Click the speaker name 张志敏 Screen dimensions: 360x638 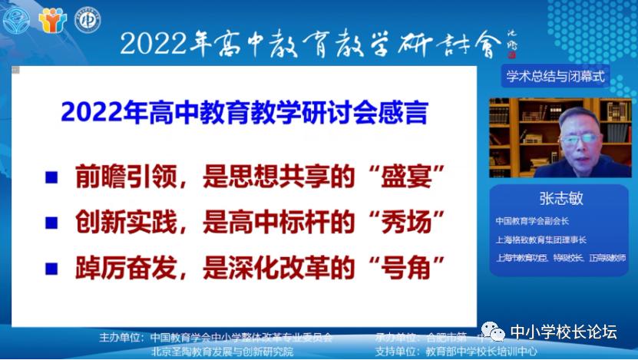[560, 197]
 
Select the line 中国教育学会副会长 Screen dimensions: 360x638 [531, 220]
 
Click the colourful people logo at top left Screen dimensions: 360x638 [52, 18]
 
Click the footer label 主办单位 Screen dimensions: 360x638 [121, 337]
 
